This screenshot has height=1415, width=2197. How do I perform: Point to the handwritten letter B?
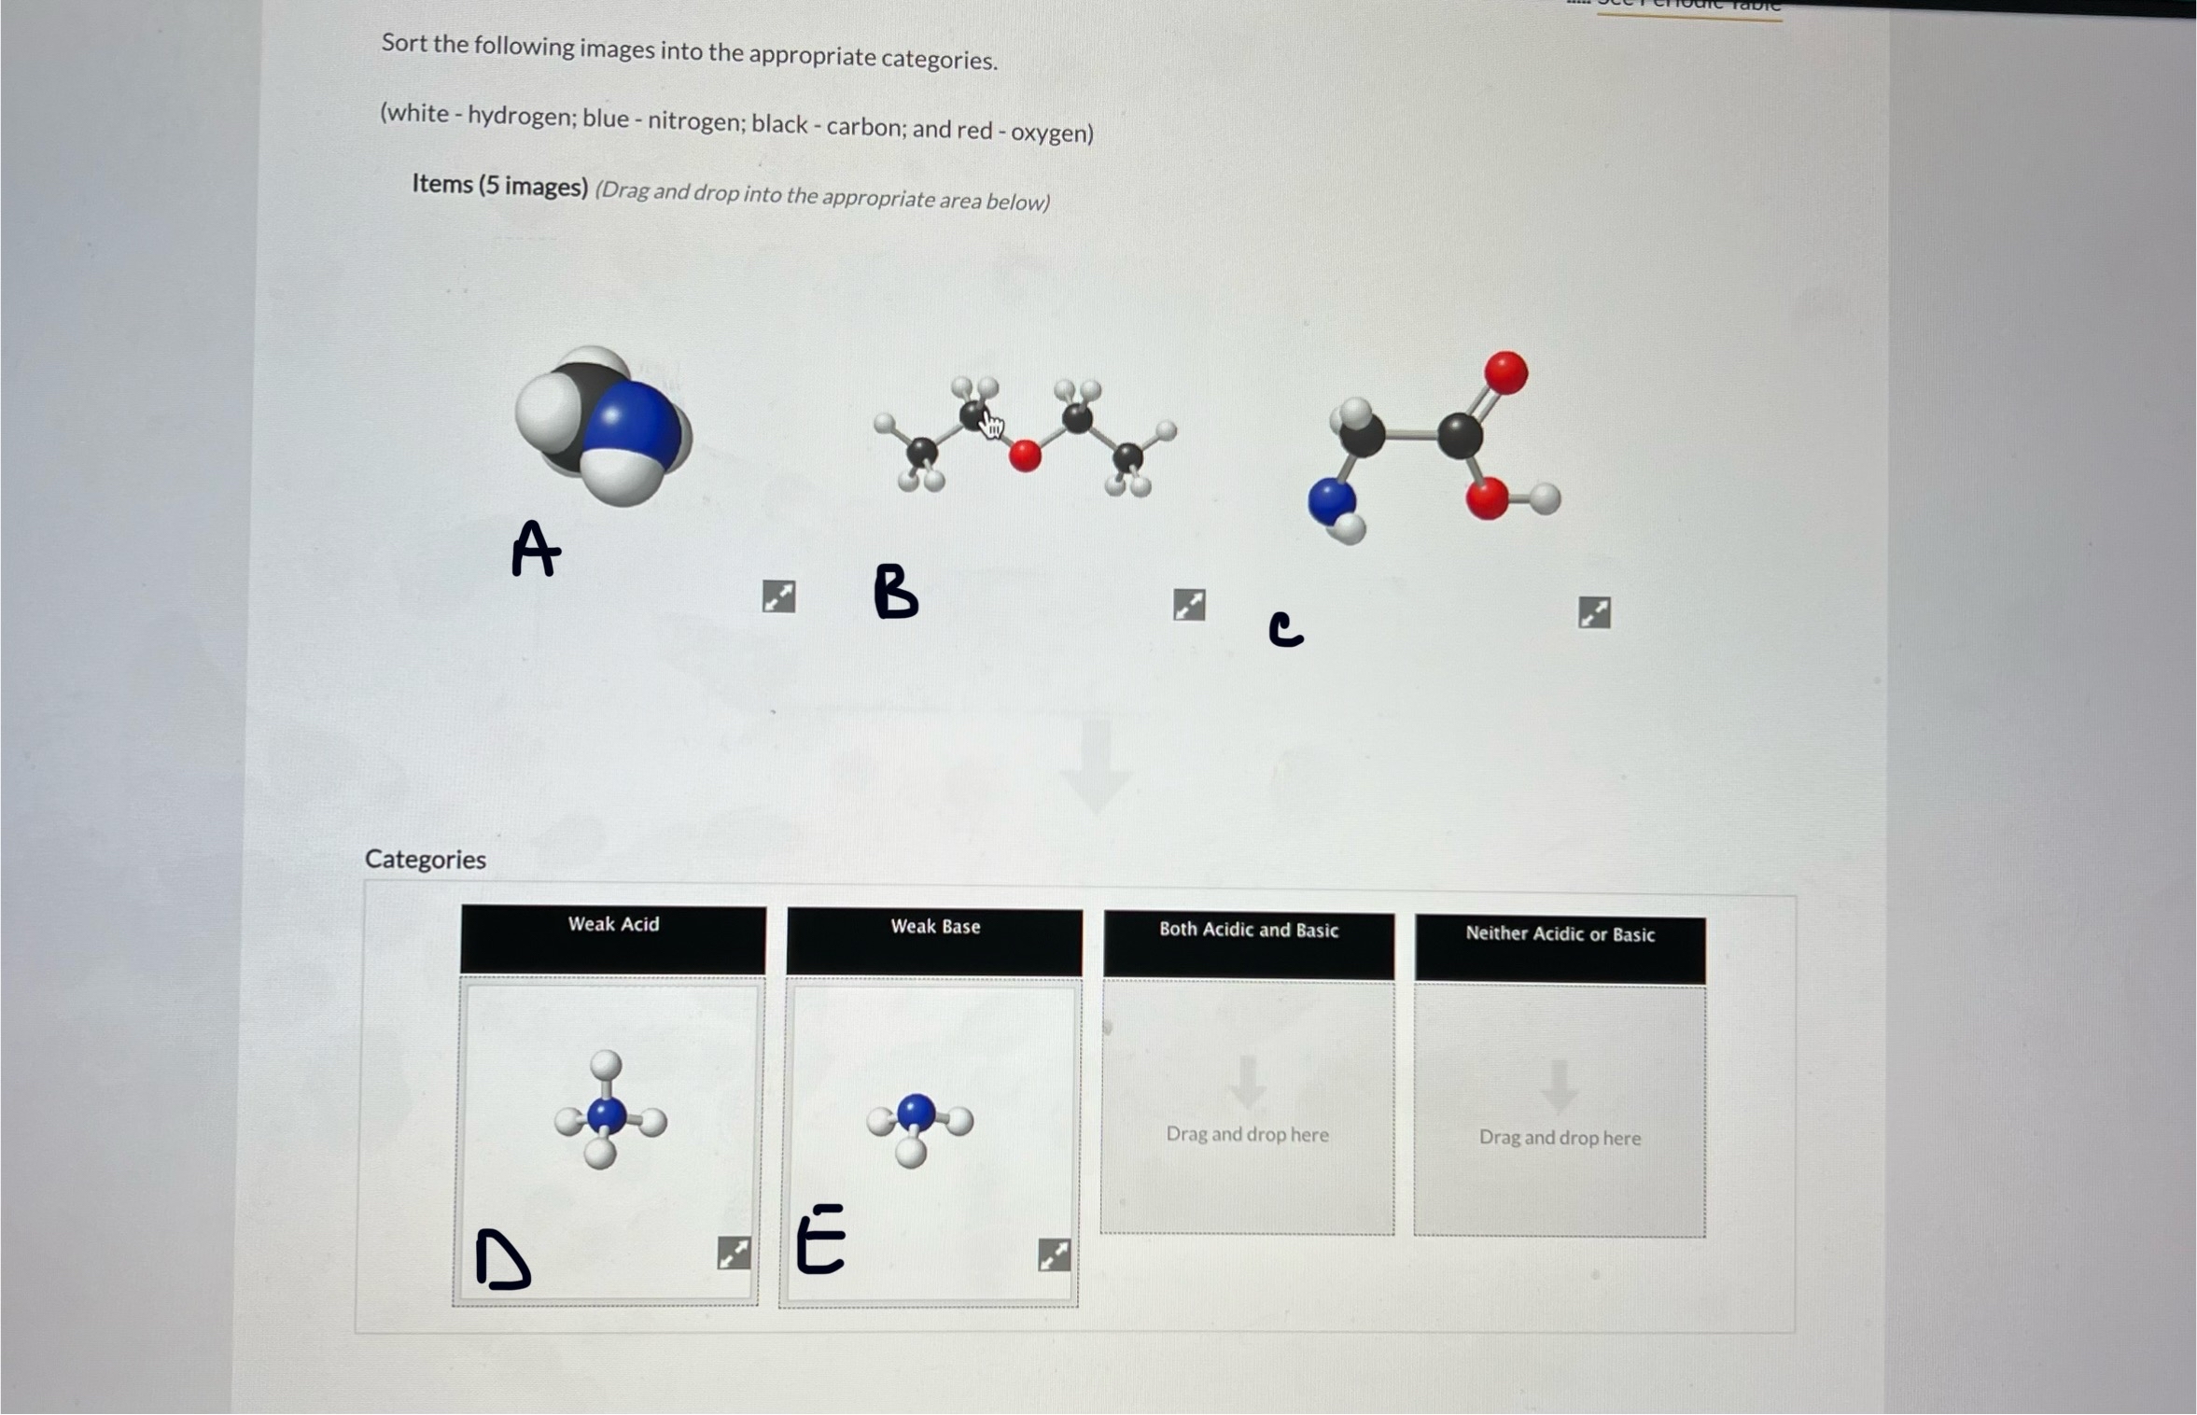click(895, 592)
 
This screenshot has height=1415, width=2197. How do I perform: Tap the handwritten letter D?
click(502, 1260)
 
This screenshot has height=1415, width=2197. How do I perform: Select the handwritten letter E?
click(820, 1239)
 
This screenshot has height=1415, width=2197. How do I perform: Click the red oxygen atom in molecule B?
click(1025, 455)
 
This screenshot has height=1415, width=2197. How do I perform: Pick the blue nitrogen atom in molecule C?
click(1331, 500)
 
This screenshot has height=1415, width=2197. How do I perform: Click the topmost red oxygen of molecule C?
click(1505, 372)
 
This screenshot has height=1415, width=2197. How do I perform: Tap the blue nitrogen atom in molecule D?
click(608, 1114)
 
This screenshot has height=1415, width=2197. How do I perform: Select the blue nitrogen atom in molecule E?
click(916, 1112)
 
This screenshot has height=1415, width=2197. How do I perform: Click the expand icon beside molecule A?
click(778, 595)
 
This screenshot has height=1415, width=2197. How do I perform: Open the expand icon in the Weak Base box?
click(1054, 1254)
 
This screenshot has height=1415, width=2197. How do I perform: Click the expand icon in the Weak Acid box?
click(734, 1253)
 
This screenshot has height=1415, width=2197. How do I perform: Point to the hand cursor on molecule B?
click(991, 425)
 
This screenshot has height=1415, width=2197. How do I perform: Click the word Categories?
click(426, 859)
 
